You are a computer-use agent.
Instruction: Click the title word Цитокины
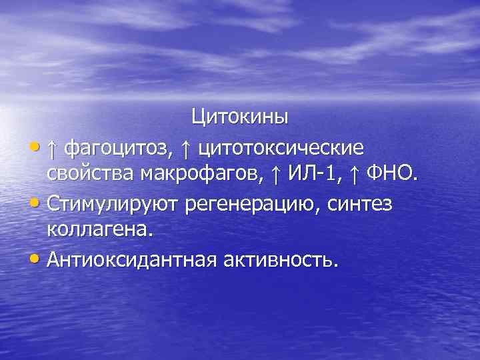coord(240,117)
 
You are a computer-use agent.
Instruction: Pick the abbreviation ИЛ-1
coord(314,174)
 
